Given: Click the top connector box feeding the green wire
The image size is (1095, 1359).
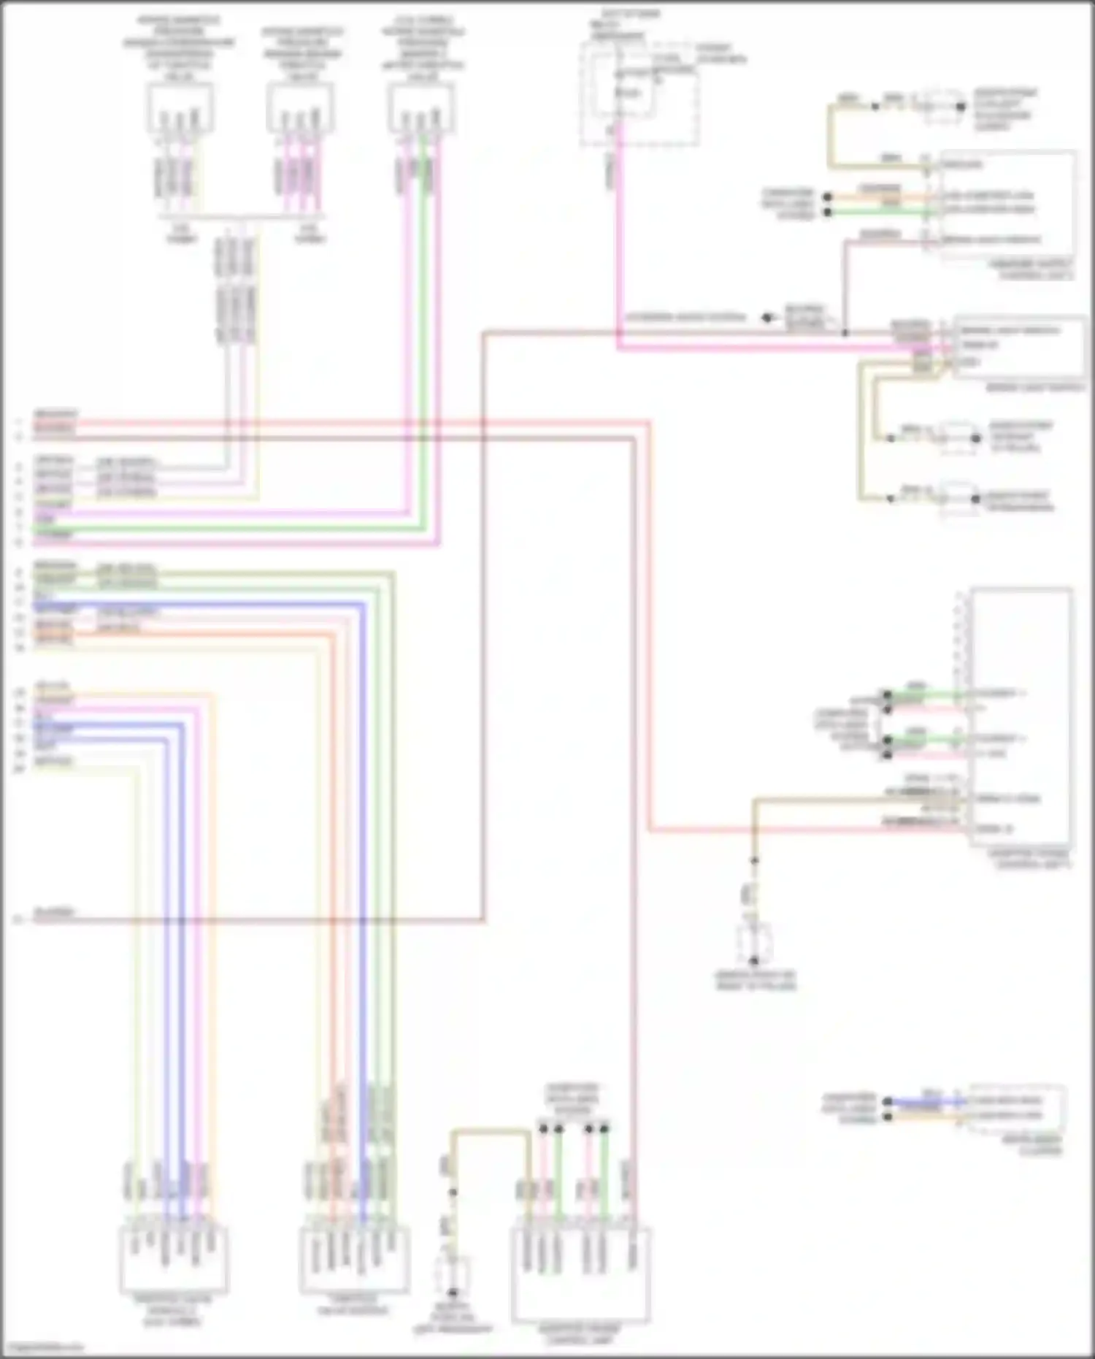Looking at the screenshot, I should click(421, 107).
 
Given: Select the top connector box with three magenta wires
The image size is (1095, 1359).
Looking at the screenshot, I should click(300, 107).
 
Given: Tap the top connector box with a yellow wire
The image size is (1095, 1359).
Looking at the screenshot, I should click(180, 107).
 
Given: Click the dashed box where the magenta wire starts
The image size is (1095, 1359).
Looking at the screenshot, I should click(639, 93).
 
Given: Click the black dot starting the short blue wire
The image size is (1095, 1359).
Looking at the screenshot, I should click(888, 1101).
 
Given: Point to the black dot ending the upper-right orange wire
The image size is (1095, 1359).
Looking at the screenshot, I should click(827, 197).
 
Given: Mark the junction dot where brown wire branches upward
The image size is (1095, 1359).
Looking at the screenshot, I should click(845, 333).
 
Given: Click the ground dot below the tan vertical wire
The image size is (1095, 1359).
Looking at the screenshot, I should click(755, 961).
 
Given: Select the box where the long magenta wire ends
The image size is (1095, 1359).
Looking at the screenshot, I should click(1019, 347).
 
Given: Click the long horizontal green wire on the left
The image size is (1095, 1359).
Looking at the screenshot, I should click(219, 527).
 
